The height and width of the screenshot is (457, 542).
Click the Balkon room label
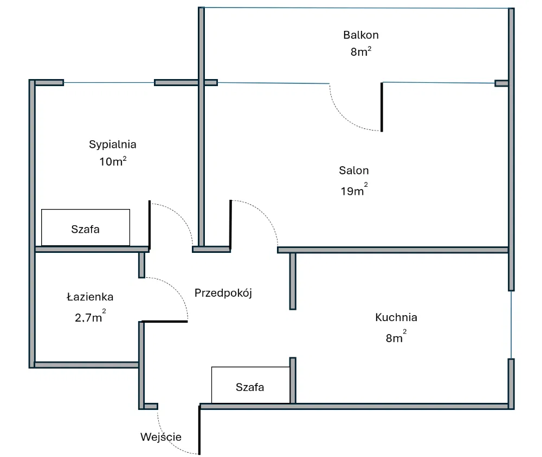pos(360,35)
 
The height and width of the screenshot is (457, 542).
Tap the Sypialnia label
pos(112,145)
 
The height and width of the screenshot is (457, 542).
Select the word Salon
pos(354,171)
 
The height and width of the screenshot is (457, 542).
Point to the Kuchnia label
pos(396,318)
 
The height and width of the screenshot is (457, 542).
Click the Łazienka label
pos(90,297)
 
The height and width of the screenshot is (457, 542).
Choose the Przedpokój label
pos(223,293)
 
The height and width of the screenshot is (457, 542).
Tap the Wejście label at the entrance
pos(161,437)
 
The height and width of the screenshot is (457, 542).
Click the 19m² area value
pos(354,191)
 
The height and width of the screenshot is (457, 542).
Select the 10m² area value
pos(113,161)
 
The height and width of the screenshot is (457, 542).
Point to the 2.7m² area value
pos(90,317)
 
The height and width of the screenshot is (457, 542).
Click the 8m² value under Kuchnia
pos(396,338)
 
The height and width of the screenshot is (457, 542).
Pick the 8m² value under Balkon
pos(360,52)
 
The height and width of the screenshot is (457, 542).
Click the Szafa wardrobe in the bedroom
pos(86,228)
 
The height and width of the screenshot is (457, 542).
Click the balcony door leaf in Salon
pos(382,107)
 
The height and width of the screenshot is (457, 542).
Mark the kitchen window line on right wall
pos(511,324)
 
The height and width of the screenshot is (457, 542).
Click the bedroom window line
pos(108,83)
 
